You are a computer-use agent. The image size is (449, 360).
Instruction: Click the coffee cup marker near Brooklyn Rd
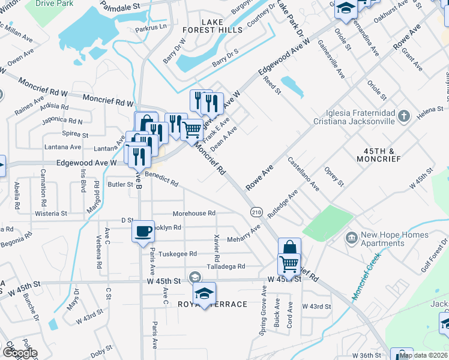pyautogui.click(x=143, y=232)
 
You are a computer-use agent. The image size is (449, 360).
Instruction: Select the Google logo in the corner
pyautogui.click(x=19, y=353)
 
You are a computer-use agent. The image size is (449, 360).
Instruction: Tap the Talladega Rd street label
pyautogui.click(x=226, y=266)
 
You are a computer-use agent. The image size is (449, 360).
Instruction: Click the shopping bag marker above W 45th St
pyautogui.click(x=289, y=248)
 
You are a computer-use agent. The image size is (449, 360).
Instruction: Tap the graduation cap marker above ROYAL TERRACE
pyautogui.click(x=204, y=293)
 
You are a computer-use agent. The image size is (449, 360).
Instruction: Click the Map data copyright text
pyautogui.click(x=424, y=355)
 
